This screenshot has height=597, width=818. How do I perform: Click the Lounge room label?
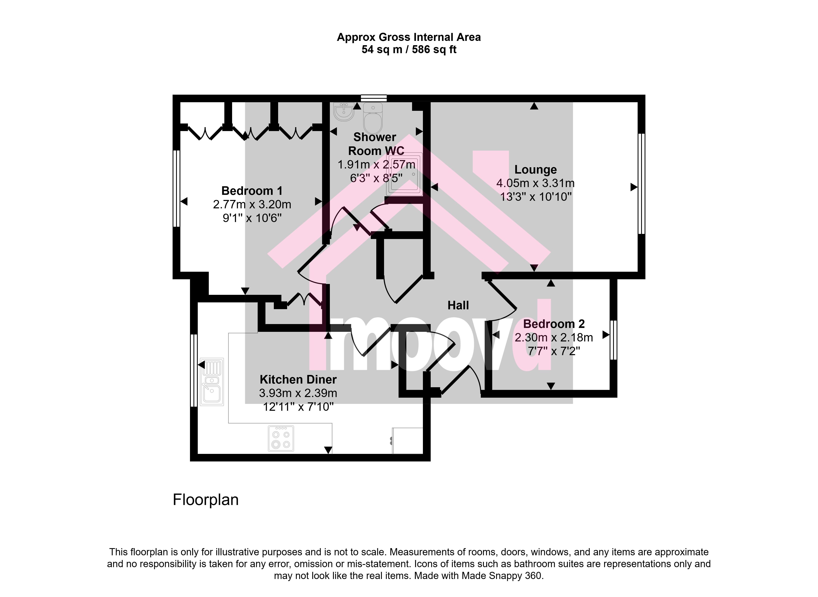click(535, 169)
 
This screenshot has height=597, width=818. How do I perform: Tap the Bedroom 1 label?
click(252, 191)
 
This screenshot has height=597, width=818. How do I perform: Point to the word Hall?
click(458, 305)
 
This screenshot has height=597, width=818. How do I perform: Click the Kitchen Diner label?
click(298, 379)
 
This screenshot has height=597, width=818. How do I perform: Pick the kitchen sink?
click(212, 382)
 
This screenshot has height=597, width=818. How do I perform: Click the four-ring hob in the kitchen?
click(281, 438)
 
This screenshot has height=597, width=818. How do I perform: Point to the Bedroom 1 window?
click(176, 188)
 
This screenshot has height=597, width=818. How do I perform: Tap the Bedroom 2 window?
click(613, 340)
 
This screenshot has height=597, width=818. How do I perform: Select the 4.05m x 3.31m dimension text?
click(535, 183)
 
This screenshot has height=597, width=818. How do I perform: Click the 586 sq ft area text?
click(434, 49)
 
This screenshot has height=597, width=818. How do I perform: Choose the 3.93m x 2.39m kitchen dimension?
click(298, 393)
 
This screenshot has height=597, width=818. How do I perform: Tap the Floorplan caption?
click(206, 500)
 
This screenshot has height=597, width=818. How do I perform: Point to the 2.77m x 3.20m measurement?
click(252, 204)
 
